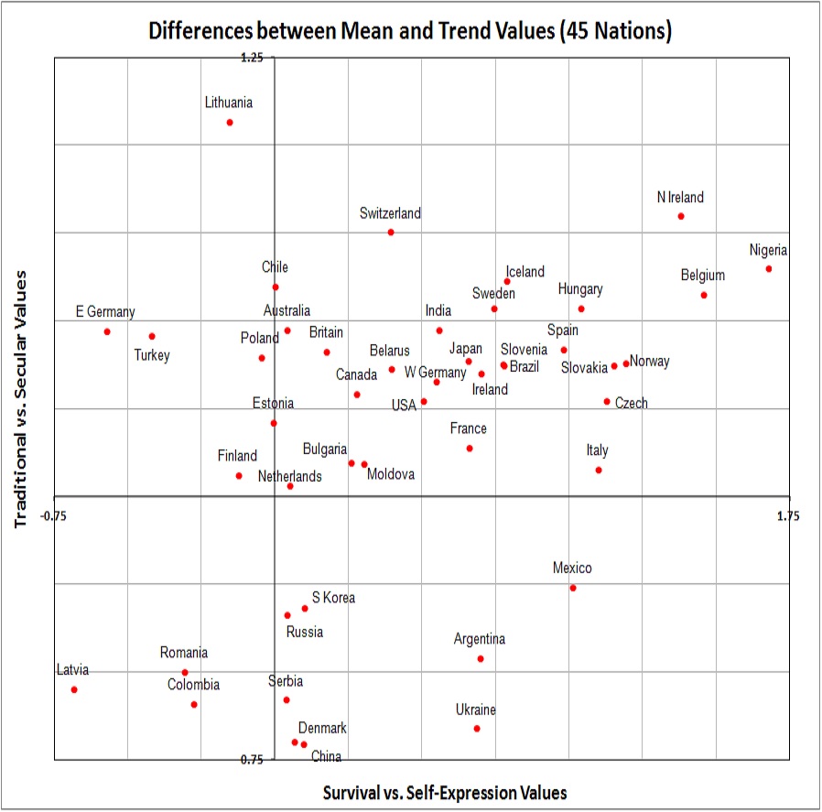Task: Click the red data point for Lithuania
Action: coord(230,123)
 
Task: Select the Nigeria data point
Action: coord(769,268)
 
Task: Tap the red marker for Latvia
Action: coord(74,689)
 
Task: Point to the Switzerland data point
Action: coord(391,233)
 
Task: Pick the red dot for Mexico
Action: coord(573,588)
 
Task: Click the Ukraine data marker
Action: coord(477,729)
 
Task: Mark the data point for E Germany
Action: coord(107,331)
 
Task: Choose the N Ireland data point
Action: coord(681,216)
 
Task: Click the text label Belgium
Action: coord(702,275)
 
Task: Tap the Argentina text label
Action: coord(480,639)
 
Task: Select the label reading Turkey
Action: coord(152,355)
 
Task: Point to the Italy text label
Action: coord(597,450)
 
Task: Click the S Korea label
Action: coord(333,598)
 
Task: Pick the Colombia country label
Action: coord(193,685)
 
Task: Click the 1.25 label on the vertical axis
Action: coord(251,58)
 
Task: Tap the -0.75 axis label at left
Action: coord(54,516)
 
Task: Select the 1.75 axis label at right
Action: coord(788,516)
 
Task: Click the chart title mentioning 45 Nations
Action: coord(411,31)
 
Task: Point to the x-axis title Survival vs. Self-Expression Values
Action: coord(445,792)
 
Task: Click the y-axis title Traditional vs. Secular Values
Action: coord(21,397)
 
